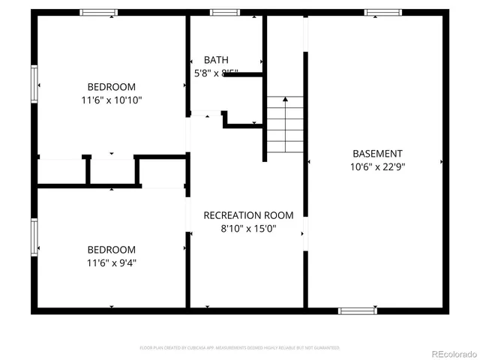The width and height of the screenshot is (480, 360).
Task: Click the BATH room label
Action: [217, 60]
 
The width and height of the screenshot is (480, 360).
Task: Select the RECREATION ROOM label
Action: [248, 215]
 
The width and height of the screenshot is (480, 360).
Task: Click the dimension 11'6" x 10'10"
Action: [112, 99]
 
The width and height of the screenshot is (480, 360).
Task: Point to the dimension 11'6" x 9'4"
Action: [112, 262]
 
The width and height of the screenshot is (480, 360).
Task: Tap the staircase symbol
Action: [284, 124]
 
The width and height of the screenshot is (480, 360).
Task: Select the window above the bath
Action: [224, 13]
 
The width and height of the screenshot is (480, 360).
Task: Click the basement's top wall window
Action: [383, 13]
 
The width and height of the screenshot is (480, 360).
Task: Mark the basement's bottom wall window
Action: [357, 310]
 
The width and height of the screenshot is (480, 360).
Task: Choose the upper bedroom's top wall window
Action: [99, 13]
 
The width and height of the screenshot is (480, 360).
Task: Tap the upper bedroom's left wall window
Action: [34, 84]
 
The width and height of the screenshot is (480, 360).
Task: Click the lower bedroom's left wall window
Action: [34, 237]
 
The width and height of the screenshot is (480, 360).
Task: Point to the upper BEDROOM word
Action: [112, 85]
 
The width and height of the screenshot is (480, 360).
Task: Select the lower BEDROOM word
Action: [112, 250]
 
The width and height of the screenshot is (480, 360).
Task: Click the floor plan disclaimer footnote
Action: [240, 348]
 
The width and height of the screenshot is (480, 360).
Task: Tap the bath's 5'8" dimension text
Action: [201, 73]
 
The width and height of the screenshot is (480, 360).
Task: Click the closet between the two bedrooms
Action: [112, 172]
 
